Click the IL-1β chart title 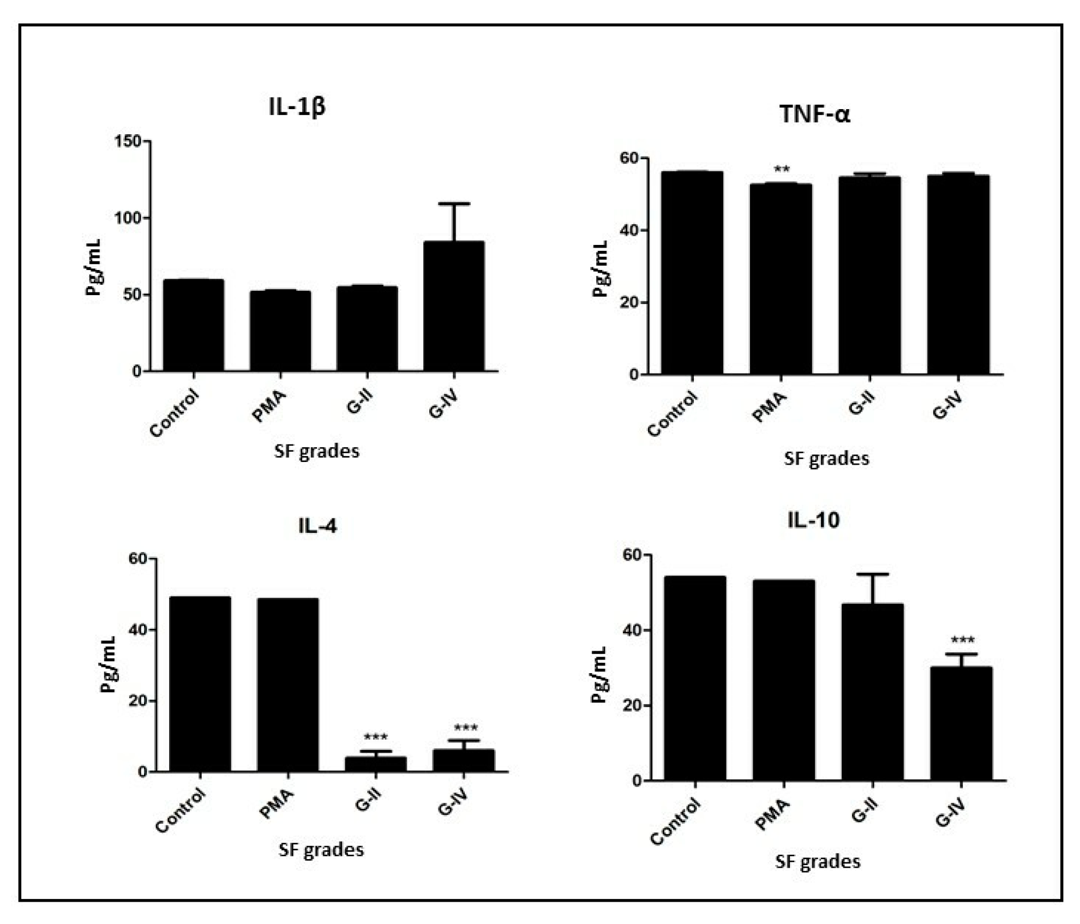point(297,106)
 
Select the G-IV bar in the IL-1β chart point(454,306)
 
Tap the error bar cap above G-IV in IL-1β point(454,204)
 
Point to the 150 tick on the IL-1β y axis point(129,141)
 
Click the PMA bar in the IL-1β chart point(280,331)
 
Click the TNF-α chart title point(814,114)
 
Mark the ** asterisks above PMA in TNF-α point(782,169)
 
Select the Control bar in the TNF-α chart point(692,273)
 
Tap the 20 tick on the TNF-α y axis point(630,302)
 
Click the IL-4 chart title point(317,526)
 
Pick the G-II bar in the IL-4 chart point(376,764)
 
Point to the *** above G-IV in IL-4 point(466,727)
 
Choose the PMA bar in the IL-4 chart point(288,685)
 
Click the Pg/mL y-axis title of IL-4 point(108,663)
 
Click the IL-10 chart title point(813,520)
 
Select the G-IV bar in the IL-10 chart point(961,723)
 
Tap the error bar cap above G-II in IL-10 point(873,574)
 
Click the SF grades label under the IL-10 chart point(818,861)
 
